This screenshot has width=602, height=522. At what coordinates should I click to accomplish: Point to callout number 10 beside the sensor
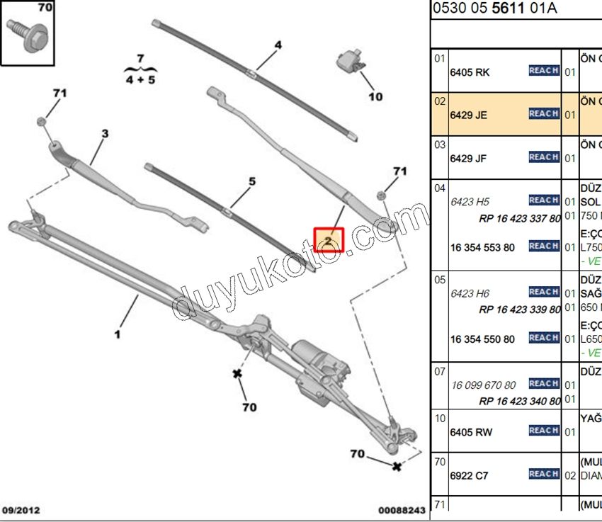point(375,96)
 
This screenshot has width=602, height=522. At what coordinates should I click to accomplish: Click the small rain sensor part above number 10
point(352,62)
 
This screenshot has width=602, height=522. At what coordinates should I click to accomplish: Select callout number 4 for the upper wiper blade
point(278,45)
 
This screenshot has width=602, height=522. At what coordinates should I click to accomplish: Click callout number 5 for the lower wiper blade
point(251,181)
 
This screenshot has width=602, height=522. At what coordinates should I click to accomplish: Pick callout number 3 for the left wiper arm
point(105,133)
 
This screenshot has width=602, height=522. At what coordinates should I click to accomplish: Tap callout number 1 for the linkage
point(118,334)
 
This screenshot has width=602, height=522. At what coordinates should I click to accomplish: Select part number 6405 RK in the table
point(470,72)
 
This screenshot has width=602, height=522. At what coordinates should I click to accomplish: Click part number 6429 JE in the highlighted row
point(469,115)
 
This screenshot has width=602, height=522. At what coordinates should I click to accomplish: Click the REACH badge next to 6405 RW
point(544,431)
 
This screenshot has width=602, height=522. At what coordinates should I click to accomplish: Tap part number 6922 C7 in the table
point(470,476)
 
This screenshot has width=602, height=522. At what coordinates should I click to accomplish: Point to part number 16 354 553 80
point(482,247)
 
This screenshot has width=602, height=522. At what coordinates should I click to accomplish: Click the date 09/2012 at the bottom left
point(22,510)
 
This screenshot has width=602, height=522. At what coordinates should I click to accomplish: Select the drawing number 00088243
point(402,510)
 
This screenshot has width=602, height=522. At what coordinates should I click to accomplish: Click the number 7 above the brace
point(140,57)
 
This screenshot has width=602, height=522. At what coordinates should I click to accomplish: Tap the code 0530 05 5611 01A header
point(494,8)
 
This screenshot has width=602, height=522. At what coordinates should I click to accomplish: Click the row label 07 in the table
point(440,371)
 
